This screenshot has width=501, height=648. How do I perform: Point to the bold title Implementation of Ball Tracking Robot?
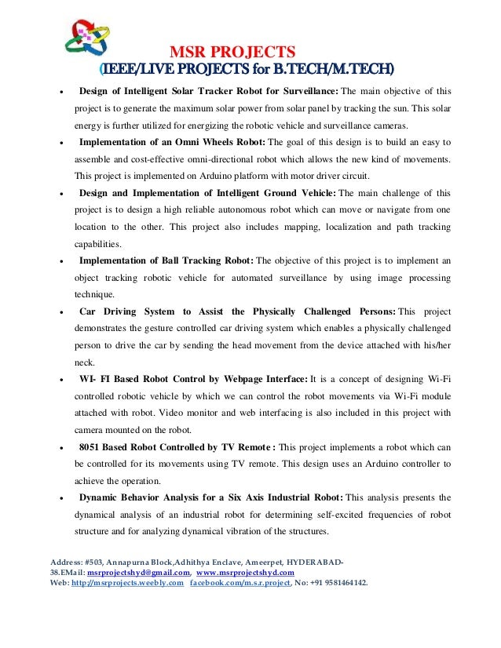[x=166, y=260]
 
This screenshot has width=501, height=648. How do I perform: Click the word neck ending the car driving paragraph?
[x=84, y=362]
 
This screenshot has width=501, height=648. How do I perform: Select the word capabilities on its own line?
[x=97, y=244]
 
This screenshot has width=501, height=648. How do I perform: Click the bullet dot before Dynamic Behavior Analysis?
[x=61, y=498]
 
